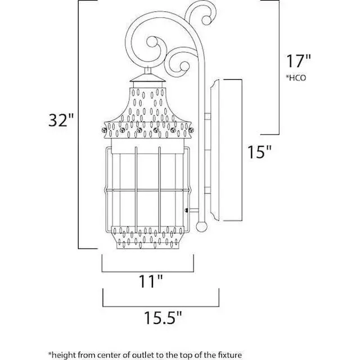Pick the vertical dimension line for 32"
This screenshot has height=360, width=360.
pyautogui.click(x=78, y=124)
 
